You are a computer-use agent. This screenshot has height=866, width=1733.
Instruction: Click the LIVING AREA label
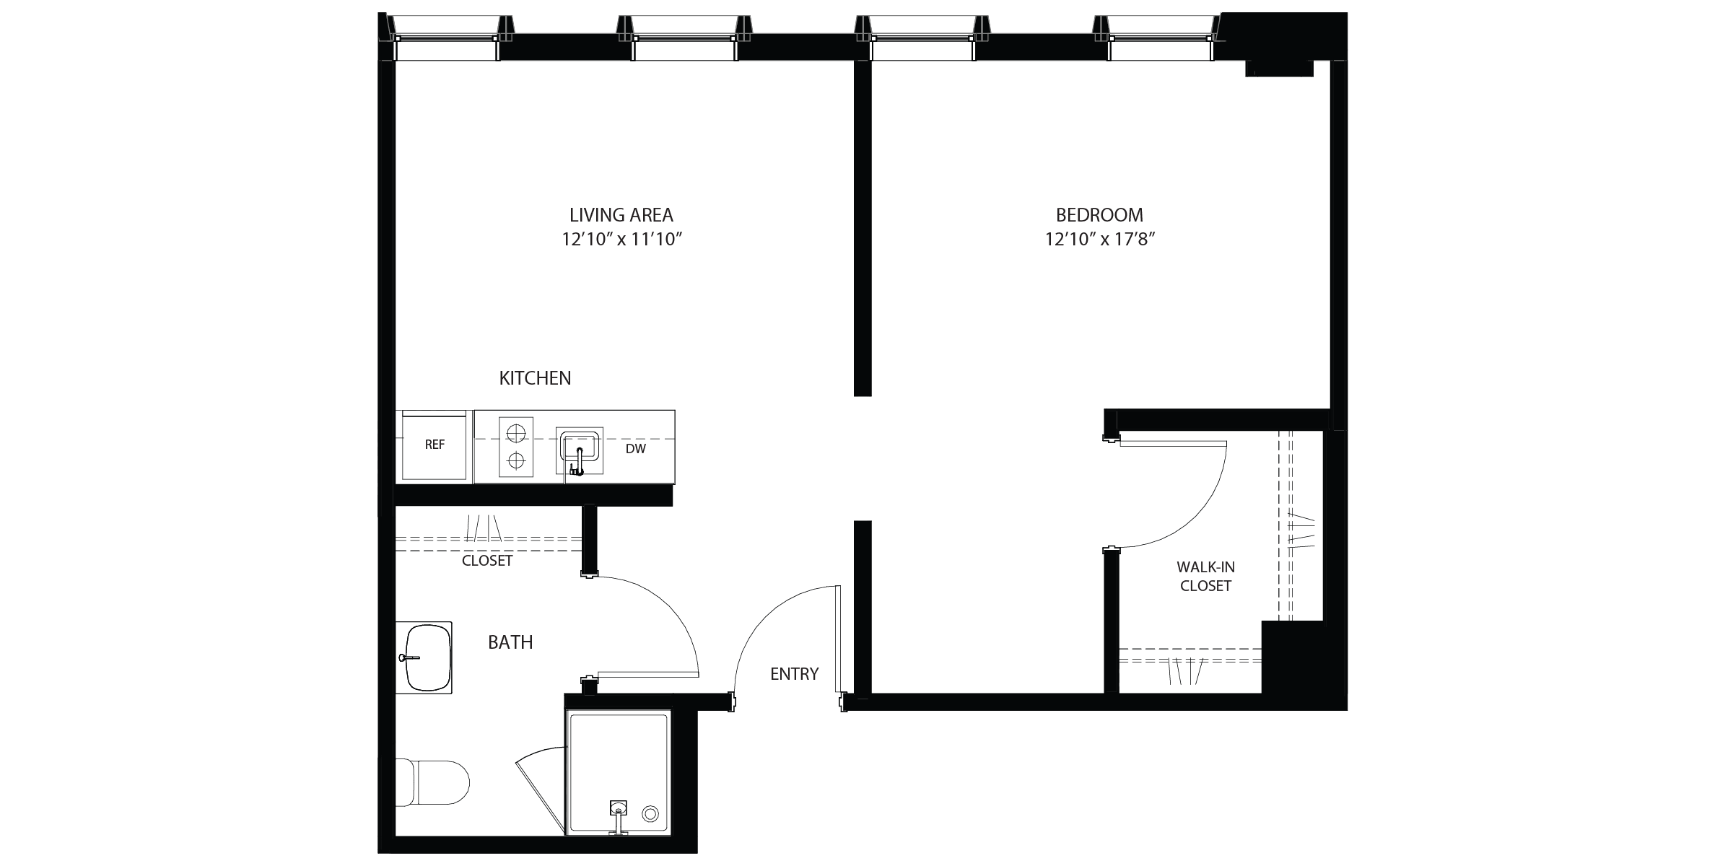coord(621,215)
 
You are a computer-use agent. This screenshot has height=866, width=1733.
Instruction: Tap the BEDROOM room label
coord(1099,215)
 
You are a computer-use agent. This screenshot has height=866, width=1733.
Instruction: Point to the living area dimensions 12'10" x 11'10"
coord(622,240)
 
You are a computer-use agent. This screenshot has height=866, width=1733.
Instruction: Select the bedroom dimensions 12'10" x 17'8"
coord(1100,240)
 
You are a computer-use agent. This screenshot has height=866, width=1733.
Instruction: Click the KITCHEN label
coord(535,378)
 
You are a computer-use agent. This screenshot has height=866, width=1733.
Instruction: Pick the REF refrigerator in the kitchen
coord(435,445)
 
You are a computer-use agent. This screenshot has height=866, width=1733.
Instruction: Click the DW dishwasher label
coord(635,449)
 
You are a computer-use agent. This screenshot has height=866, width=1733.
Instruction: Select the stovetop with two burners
coord(515,447)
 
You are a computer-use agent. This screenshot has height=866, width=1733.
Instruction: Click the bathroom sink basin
coord(429,657)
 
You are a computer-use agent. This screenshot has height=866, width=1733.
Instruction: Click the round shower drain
coord(650,813)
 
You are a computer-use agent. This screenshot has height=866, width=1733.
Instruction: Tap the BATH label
coord(510,642)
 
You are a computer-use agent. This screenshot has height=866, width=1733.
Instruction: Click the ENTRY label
coord(794,674)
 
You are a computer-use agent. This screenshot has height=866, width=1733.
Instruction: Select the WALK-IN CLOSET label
coord(1205,577)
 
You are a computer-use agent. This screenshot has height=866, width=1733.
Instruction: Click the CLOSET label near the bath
coord(487,561)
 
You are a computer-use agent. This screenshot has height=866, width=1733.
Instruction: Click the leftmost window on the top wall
coord(446,39)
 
